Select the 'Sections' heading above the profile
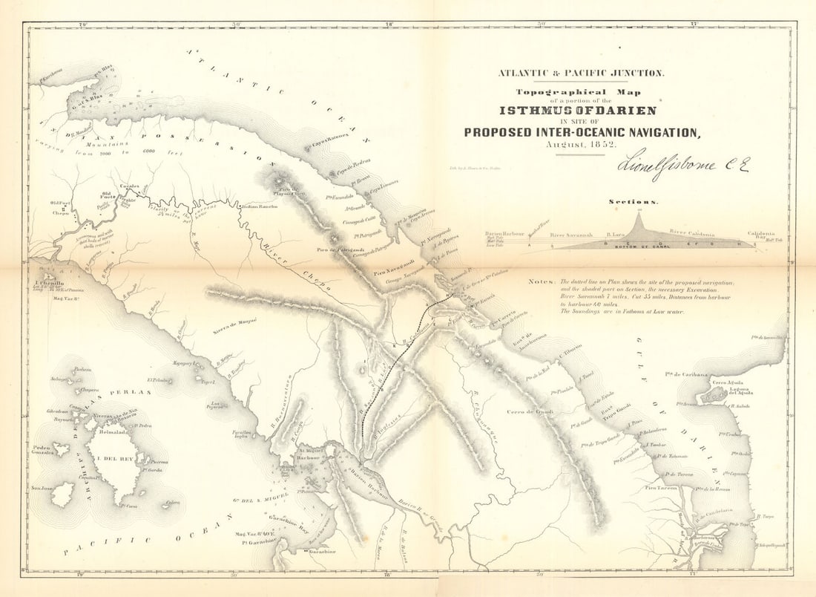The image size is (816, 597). tap(633, 201)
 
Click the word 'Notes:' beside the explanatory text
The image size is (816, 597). tap(542, 282)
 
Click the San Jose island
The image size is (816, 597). tap(63, 492)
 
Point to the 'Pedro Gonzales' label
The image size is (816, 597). tap(43, 450)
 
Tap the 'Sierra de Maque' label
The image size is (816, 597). tap(235, 322)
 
